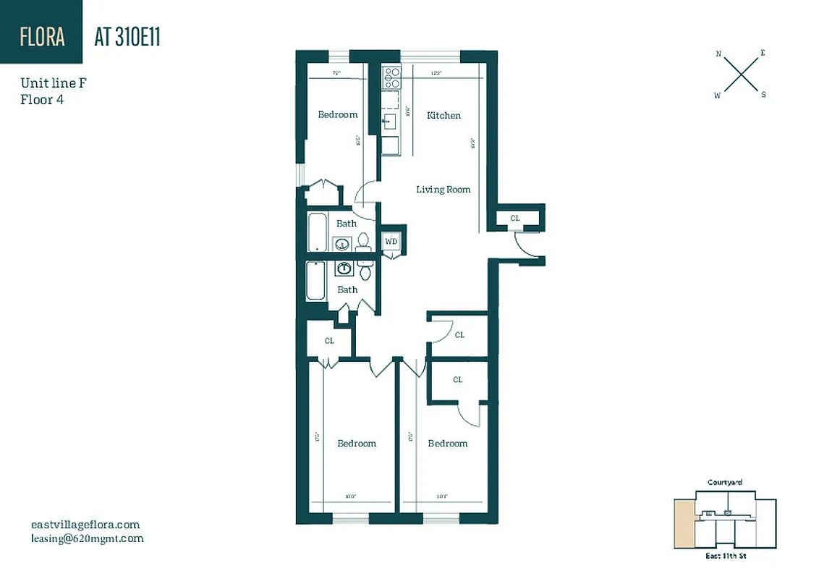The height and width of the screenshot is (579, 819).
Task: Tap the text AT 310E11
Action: [x=127, y=38]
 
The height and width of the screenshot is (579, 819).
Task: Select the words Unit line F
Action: [x=54, y=84]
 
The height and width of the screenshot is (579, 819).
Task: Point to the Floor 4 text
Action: [x=42, y=100]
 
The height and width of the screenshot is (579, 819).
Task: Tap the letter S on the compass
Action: [x=763, y=94]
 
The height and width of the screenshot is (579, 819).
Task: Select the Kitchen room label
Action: [x=444, y=115]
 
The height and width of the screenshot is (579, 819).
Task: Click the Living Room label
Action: [x=443, y=190]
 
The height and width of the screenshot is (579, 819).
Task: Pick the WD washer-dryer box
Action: [x=391, y=241]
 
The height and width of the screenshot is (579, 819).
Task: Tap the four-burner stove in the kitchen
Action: [x=391, y=77]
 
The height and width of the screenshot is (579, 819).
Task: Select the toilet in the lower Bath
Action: [x=365, y=270]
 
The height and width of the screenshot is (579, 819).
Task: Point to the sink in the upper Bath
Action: [x=342, y=243]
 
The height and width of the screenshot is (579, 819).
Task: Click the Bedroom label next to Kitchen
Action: [x=338, y=114]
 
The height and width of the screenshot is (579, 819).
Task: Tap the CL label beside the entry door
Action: [x=514, y=218]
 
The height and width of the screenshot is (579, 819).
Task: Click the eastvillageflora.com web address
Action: [x=85, y=525]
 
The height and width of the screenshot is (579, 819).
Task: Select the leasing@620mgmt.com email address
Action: [x=88, y=538]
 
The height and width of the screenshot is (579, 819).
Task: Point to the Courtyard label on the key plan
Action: [x=724, y=483]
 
